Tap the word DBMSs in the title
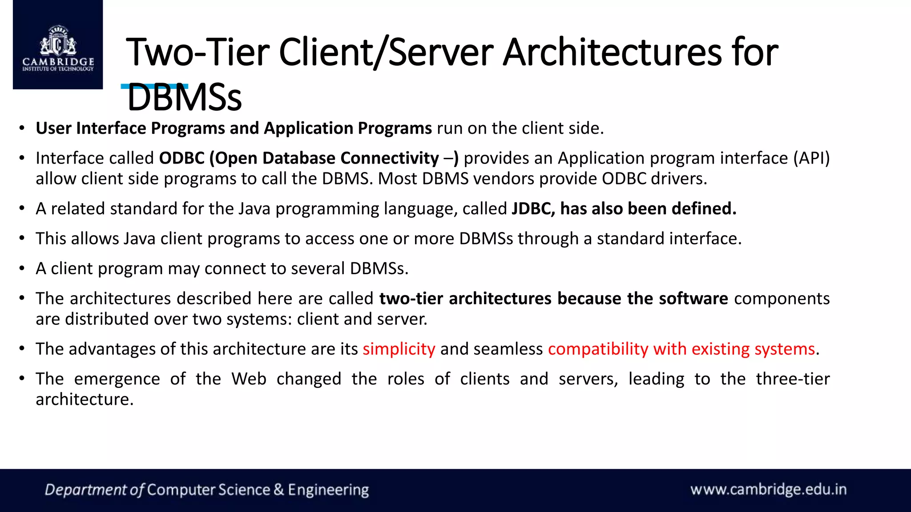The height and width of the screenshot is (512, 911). (184, 98)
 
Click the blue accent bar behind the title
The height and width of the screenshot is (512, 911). (154, 86)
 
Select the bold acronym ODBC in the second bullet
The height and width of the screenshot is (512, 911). (181, 158)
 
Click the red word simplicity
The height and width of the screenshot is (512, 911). (399, 349)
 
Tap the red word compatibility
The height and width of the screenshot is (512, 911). (598, 349)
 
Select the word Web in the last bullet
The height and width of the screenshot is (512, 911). (249, 379)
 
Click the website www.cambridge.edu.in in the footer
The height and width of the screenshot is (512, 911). (768, 489)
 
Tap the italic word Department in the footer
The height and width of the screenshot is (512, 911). (86, 490)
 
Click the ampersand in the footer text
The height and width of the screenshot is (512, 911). (279, 490)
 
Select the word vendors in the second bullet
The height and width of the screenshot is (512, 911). (504, 179)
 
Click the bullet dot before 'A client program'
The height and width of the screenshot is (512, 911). (22, 268)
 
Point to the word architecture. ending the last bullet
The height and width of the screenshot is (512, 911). (85, 399)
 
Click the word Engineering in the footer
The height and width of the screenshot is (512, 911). (328, 490)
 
